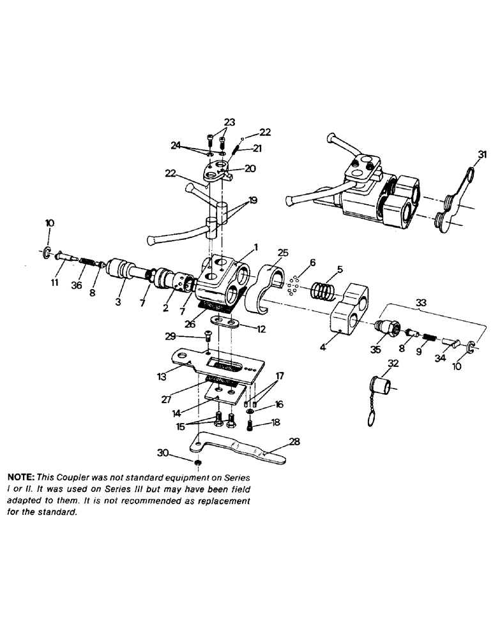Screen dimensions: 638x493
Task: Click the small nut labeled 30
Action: coord(199,462)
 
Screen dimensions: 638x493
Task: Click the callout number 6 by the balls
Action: coord(312,262)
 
